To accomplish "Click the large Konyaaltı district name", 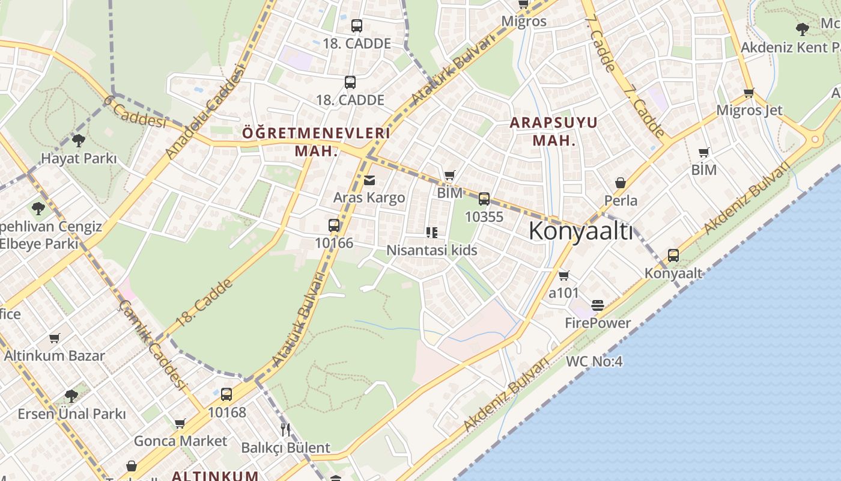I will (x=581, y=231).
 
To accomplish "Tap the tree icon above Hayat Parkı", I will (x=78, y=141).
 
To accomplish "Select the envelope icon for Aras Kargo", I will (x=369, y=180).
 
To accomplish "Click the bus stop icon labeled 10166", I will (x=334, y=225).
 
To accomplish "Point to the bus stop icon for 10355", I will (x=484, y=199).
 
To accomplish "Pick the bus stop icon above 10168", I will (x=226, y=394).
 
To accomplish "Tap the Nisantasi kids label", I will (x=431, y=250).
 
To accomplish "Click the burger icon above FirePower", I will (x=597, y=305).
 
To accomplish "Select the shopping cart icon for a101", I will (x=563, y=275).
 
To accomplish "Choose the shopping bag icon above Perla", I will (x=621, y=182).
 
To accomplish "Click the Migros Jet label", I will (x=749, y=111).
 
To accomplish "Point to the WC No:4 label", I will (x=594, y=361).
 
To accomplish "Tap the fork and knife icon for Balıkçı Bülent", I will (x=285, y=429).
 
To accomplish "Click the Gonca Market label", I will (x=180, y=441).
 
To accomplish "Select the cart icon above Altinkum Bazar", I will (x=55, y=338).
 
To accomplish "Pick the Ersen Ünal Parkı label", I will (x=71, y=414).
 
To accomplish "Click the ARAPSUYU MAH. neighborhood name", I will (x=554, y=132).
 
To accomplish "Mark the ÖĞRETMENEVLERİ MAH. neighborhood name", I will (x=316, y=141).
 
